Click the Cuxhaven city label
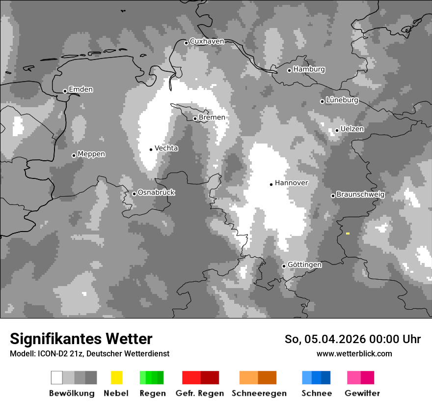click(207, 41)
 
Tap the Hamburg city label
click(309, 69)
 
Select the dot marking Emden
click(65, 91)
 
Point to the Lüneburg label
click(342, 100)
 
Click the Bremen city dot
click(195, 118)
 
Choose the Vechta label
click(166, 148)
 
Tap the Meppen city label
click(91, 154)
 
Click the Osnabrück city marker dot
click(134, 194)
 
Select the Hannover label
click(292, 183)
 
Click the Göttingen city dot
click(284, 266)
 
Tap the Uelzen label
click(352, 129)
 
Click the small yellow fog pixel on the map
click(348, 233)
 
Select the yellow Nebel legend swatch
click(116, 378)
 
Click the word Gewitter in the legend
click(362, 393)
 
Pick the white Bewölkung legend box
click(57, 378)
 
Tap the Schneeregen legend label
click(259, 393)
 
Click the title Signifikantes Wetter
click(81, 339)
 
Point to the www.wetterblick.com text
click(354, 353)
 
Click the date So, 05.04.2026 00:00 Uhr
click(352, 339)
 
